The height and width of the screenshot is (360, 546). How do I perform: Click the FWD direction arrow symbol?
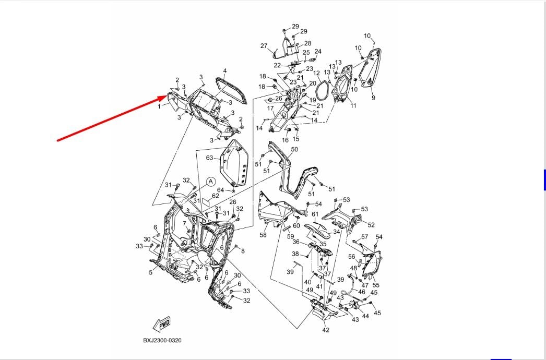161,325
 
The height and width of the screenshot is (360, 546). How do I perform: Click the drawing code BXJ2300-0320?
163,341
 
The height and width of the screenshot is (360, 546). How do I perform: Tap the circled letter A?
210,182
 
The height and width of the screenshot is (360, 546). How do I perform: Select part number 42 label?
326,330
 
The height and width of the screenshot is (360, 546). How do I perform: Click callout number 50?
294,150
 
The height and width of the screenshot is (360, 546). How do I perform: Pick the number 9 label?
373,98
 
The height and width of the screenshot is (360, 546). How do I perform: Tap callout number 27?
264,46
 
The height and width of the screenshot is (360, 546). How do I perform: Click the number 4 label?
225,71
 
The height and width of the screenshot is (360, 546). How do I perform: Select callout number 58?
263,235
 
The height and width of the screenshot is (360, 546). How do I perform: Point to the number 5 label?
151,272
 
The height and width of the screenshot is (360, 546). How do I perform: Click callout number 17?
270,109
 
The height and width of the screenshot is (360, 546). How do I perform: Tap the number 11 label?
353,106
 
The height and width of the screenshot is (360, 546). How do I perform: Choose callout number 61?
315,214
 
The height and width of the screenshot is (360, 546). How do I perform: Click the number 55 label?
376,285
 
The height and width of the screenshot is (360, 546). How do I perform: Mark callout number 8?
243,251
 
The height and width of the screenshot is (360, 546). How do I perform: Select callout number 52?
371,225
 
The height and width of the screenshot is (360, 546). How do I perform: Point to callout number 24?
318,51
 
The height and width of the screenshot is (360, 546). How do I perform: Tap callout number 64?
220,190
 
